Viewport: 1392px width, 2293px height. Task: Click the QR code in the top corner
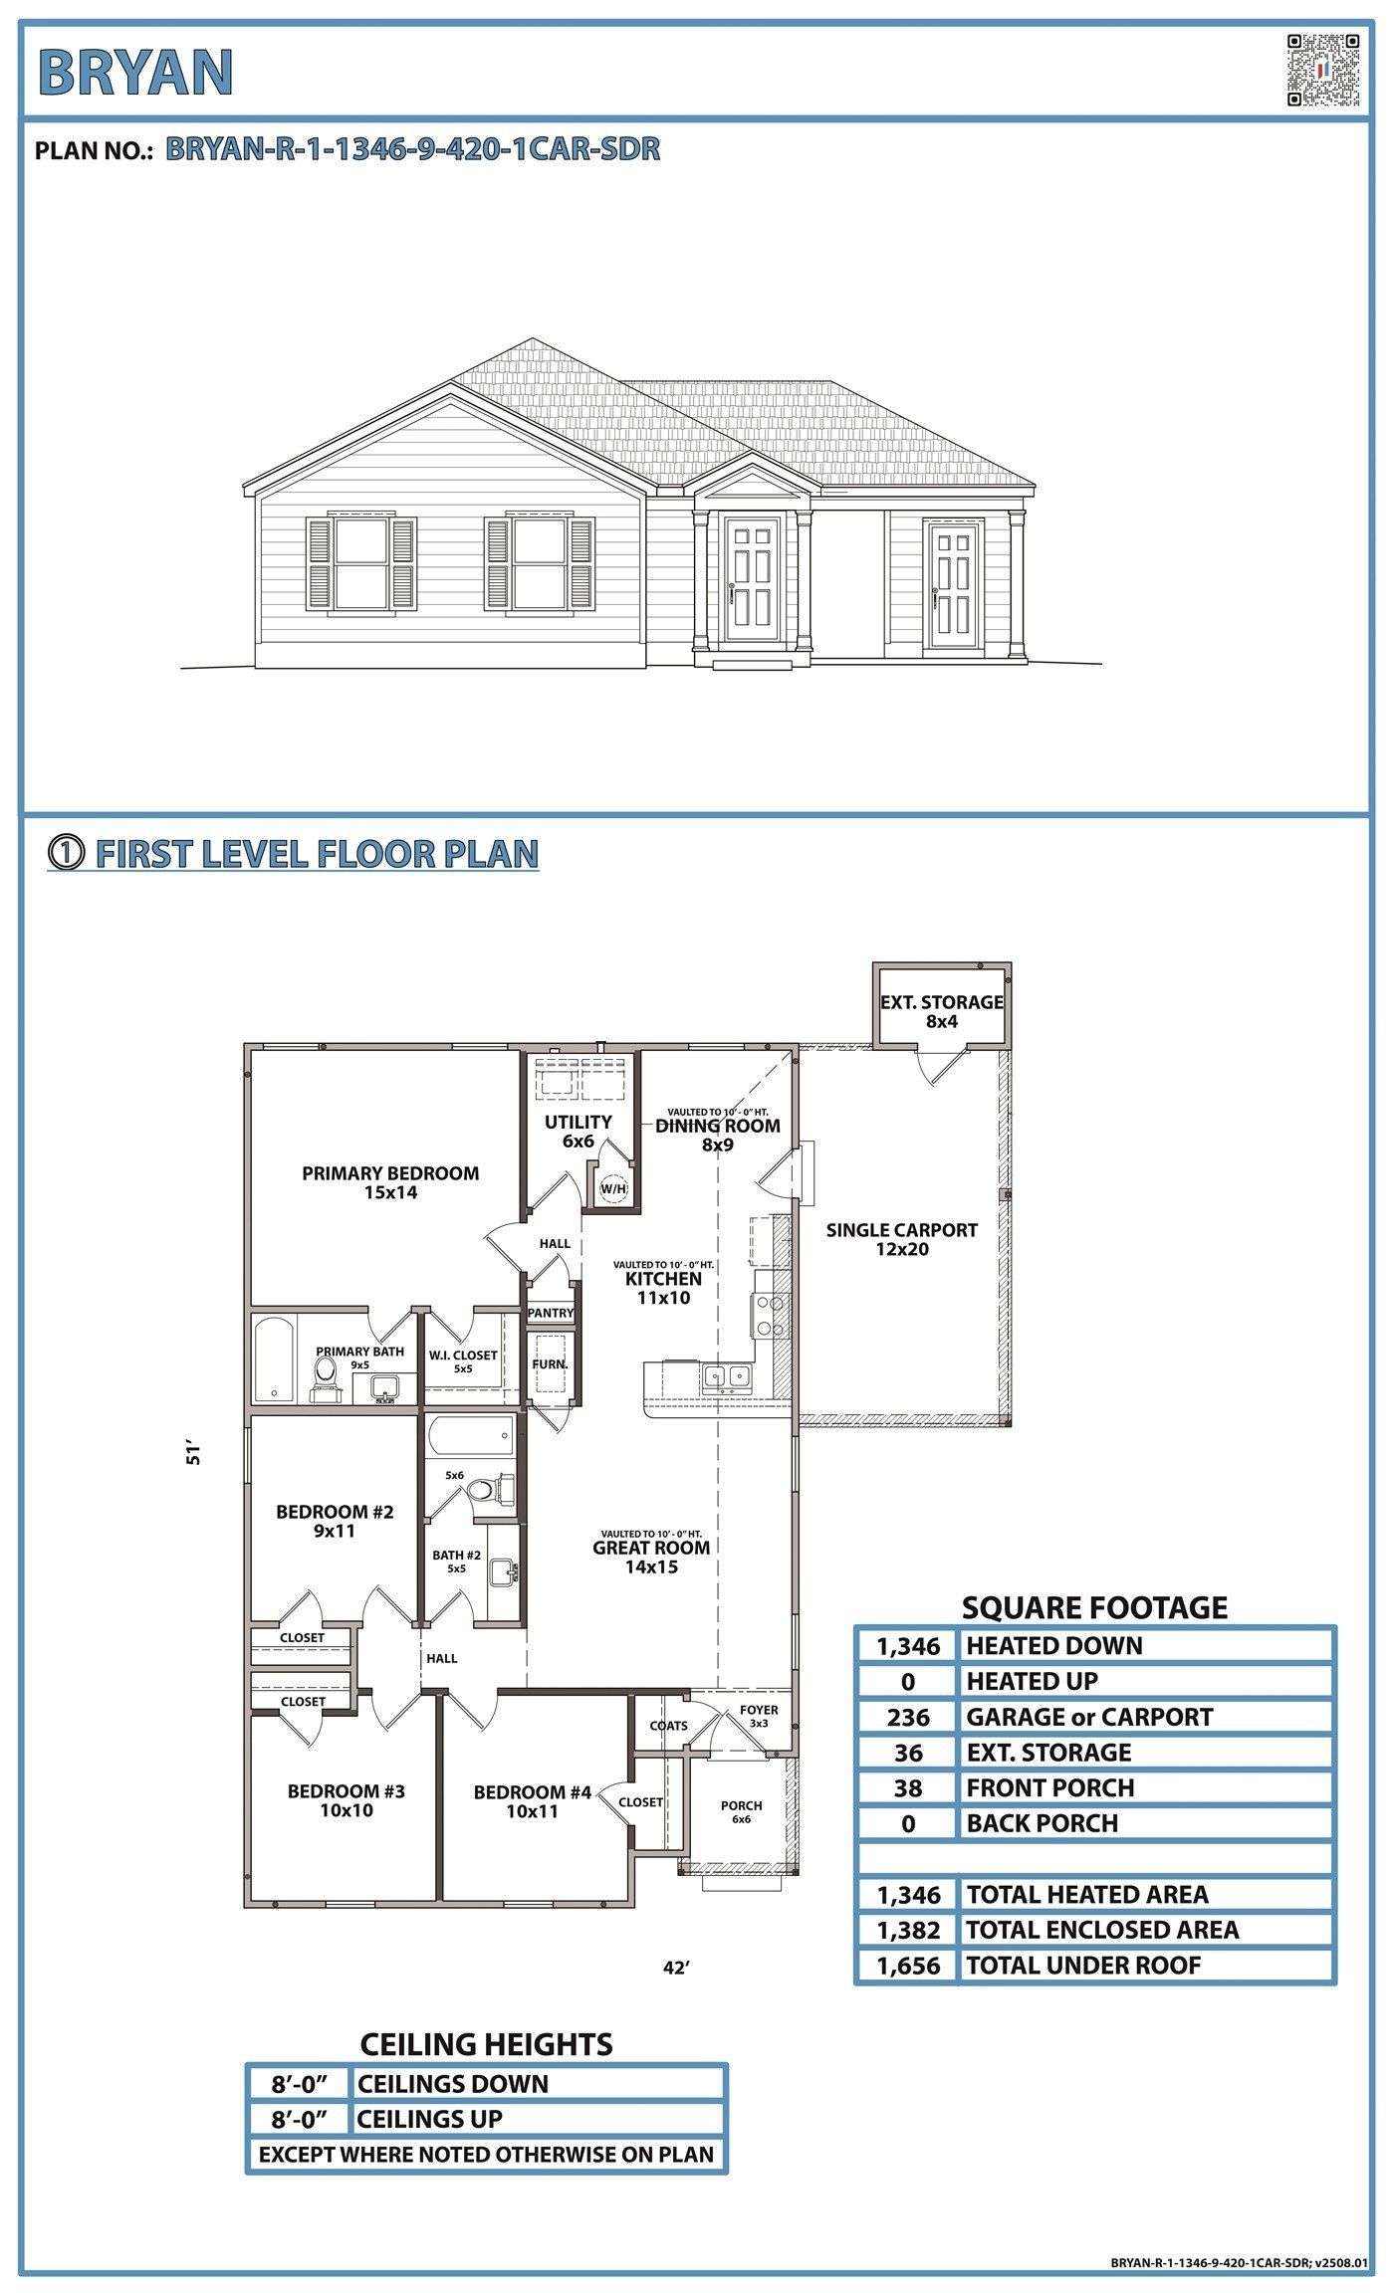[x=1322, y=70]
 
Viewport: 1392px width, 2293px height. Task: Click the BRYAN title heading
[x=135, y=73]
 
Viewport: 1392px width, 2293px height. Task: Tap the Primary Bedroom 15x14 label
[x=390, y=1182]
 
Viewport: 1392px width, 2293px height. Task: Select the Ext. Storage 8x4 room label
[x=941, y=1011]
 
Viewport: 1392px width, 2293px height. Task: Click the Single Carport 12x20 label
[x=901, y=1239]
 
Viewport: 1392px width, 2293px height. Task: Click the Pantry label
[x=551, y=1313]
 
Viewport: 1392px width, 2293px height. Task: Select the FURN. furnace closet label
[x=550, y=1364]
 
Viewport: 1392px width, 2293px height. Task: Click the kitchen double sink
[x=727, y=1377]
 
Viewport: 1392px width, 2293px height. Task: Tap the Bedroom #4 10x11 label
[x=532, y=1801]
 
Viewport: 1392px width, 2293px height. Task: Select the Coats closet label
[x=668, y=1726]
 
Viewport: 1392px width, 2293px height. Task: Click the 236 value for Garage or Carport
[x=907, y=1717]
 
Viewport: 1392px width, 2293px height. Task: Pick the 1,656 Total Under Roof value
[x=907, y=1966]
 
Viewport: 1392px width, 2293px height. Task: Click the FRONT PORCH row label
[x=1049, y=1788]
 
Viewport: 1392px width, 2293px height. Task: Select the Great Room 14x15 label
[x=651, y=1557]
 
